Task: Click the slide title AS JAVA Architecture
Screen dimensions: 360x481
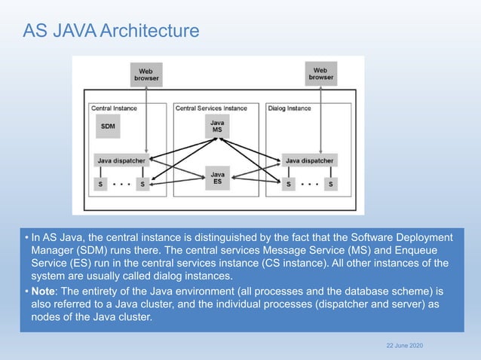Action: pyautogui.click(x=111, y=31)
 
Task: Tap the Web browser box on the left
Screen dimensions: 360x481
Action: pyautogui.click(x=147, y=74)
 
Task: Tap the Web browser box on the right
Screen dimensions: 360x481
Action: pyautogui.click(x=320, y=73)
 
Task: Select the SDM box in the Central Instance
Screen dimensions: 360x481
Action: pyautogui.click(x=109, y=127)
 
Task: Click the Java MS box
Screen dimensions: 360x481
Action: pyautogui.click(x=217, y=127)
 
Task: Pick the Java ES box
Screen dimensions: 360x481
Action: pyautogui.click(x=217, y=178)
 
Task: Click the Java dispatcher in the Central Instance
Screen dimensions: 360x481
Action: pyautogui.click(x=121, y=160)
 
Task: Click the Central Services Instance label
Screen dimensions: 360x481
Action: pyautogui.click(x=211, y=108)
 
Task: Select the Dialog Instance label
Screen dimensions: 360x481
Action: pyautogui.click(x=290, y=108)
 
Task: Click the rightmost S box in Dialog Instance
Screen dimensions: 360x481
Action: pyautogui.click(x=330, y=183)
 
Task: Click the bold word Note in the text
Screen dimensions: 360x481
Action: pyautogui.click(x=44, y=291)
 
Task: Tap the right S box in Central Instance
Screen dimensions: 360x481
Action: pyautogui.click(x=142, y=183)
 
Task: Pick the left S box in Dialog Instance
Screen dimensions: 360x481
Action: pyautogui.click(x=288, y=183)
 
